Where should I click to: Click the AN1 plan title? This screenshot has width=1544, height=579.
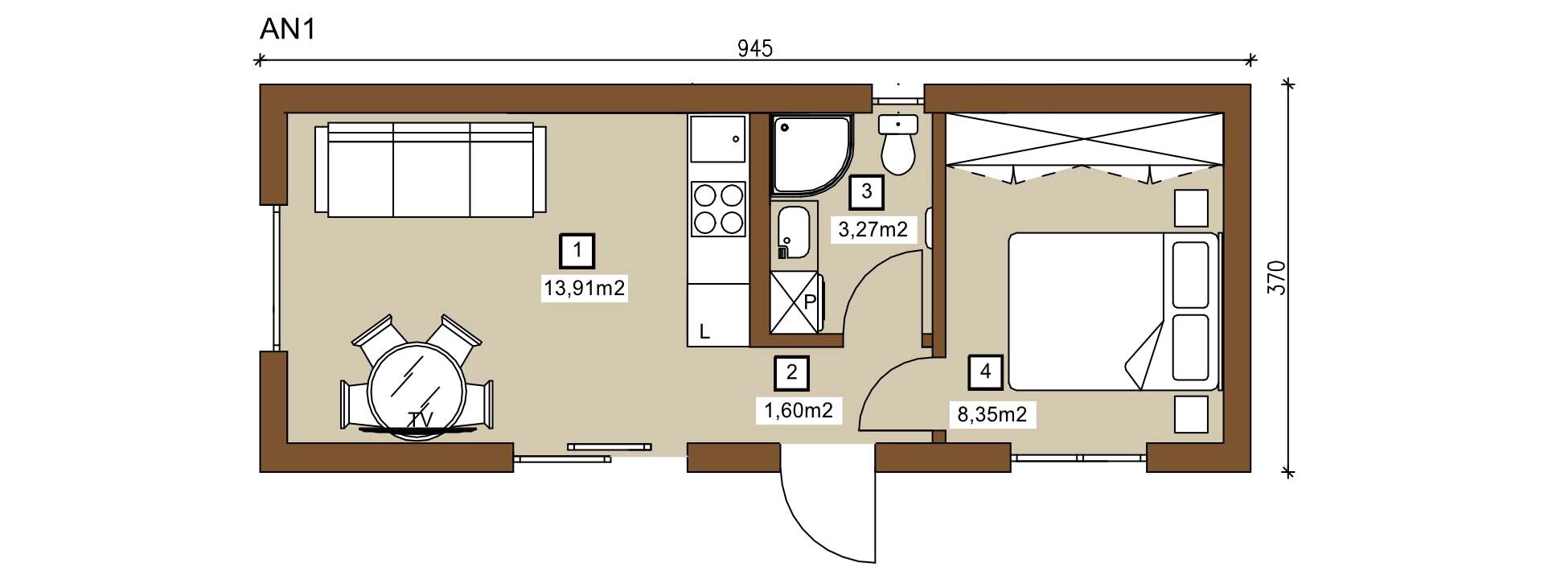(x=287, y=29)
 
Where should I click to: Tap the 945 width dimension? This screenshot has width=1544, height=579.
(x=755, y=48)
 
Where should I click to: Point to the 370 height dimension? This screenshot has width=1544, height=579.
(x=1277, y=277)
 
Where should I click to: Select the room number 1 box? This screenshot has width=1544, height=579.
(x=577, y=251)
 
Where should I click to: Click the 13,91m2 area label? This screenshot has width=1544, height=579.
(x=584, y=288)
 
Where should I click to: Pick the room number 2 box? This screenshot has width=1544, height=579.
(x=792, y=372)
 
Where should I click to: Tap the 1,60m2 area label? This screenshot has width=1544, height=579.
(x=799, y=410)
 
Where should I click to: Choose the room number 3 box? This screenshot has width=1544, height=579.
(x=867, y=191)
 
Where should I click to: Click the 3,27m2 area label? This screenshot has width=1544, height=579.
(x=873, y=230)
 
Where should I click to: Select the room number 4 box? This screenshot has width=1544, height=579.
(x=986, y=372)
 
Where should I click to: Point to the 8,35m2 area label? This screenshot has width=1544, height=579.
(x=992, y=415)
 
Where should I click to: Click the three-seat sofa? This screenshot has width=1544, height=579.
(x=430, y=170)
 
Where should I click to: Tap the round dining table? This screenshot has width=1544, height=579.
(x=417, y=389)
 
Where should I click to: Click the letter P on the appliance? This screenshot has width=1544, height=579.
(x=810, y=302)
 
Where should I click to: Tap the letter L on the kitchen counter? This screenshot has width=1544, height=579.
(x=704, y=331)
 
